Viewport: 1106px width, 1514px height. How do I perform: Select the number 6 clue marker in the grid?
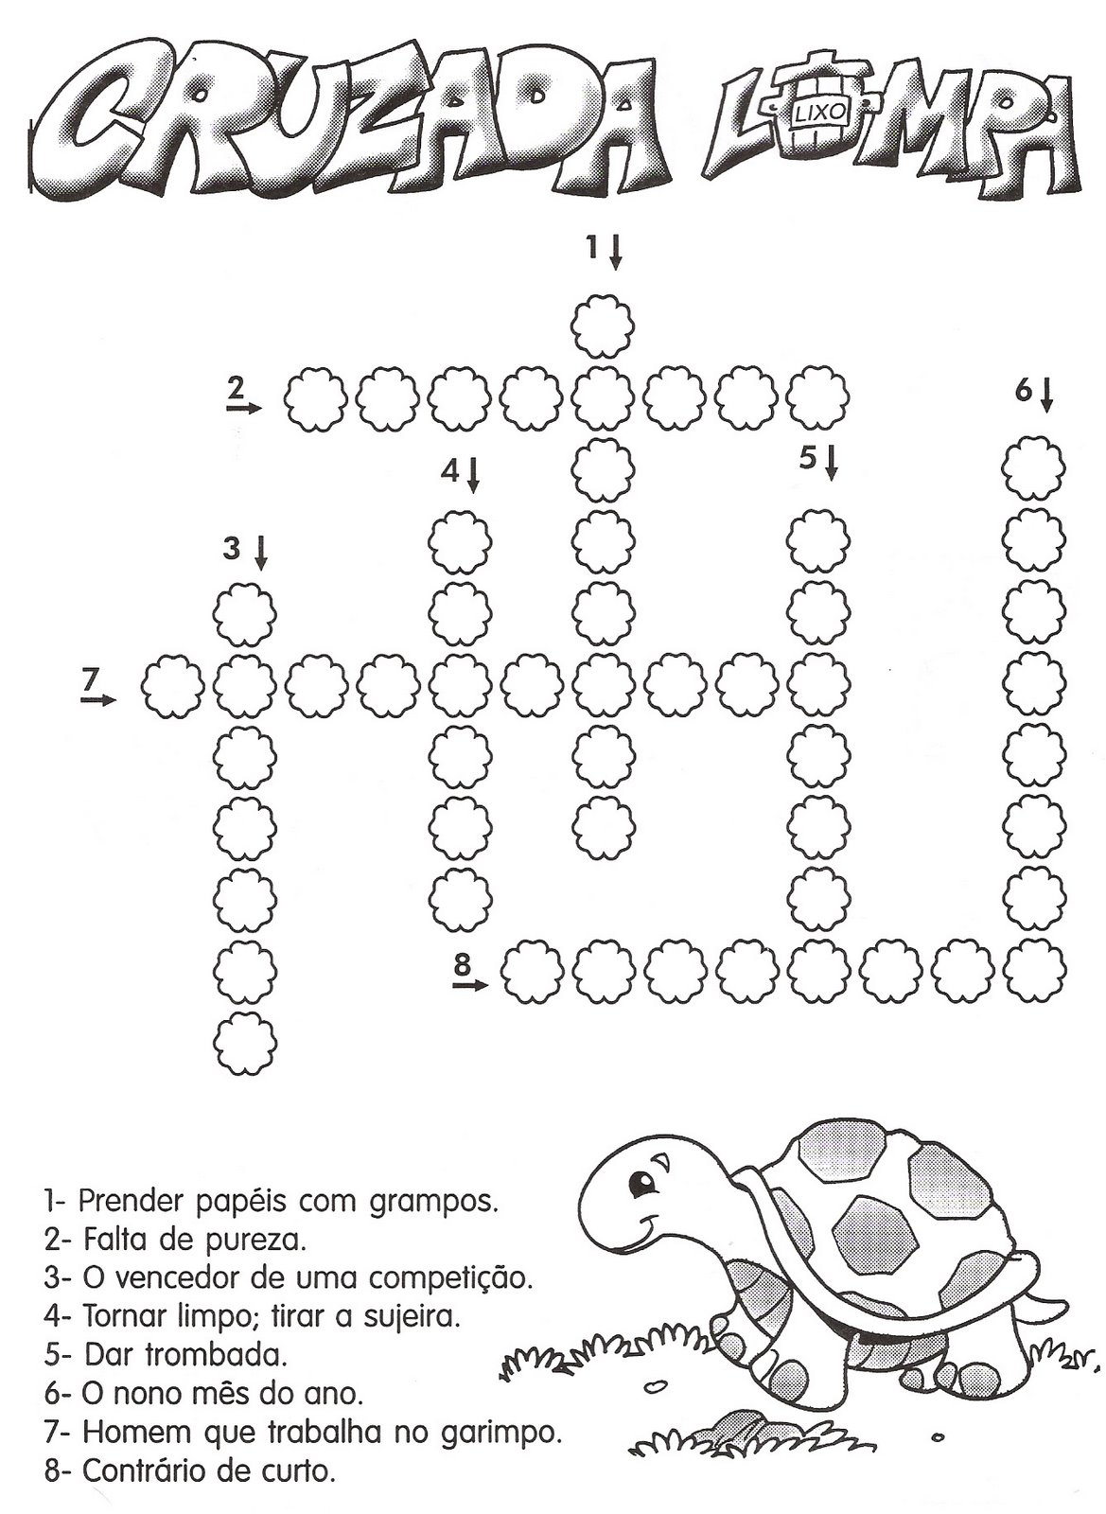pyautogui.click(x=1023, y=391)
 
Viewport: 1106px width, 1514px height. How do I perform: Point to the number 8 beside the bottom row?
pyautogui.click(x=462, y=964)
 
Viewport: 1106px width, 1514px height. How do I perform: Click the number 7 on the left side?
pyautogui.click(x=90, y=678)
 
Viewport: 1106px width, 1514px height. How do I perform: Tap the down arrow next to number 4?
pyautogui.click(x=473, y=473)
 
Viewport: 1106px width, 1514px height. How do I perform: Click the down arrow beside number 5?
pyautogui.click(x=832, y=463)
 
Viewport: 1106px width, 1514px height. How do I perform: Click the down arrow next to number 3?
pyautogui.click(x=260, y=552)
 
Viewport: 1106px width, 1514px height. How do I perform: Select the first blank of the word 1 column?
pyautogui.click(x=603, y=325)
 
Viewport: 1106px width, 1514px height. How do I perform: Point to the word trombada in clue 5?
pyautogui.click(x=216, y=1354)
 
